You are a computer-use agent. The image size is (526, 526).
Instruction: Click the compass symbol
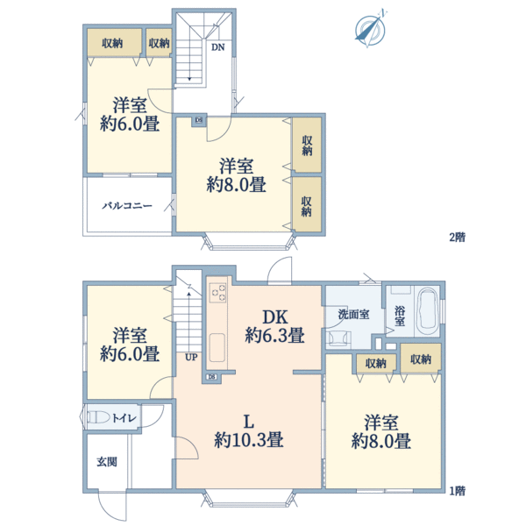pos(370,29)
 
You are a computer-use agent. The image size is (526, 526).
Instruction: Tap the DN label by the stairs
pos(217,47)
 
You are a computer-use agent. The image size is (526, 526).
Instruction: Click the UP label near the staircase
pos(191,358)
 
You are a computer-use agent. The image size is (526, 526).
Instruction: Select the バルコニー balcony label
pos(127,206)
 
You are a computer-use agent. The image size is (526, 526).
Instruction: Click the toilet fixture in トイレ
pos(98,417)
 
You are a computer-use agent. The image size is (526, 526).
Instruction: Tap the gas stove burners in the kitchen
pos(217,292)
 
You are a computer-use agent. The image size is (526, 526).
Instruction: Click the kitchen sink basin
pos(217,347)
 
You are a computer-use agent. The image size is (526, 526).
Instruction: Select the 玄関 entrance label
pos(107,462)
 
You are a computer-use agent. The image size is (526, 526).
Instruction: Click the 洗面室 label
pos(353,315)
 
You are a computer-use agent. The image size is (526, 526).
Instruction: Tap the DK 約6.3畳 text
pos(274,326)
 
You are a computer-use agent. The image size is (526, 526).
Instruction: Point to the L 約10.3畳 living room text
pos(249,431)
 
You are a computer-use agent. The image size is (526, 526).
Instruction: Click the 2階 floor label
pos(457,238)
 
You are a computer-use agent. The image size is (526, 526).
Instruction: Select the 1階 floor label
pos(457,491)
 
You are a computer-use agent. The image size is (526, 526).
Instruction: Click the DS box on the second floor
pos(199,120)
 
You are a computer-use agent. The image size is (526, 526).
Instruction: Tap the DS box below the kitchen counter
pos(211,377)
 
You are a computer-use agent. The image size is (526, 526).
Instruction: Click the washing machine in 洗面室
pos(338,338)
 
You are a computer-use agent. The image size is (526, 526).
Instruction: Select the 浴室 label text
pos(400,316)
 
